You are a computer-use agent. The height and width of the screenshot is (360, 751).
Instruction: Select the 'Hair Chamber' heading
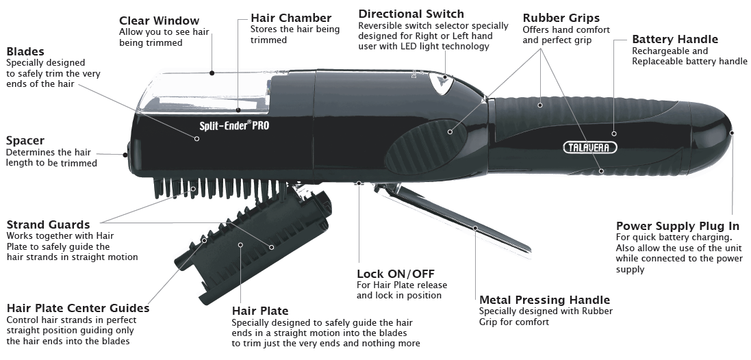click(x=291, y=18)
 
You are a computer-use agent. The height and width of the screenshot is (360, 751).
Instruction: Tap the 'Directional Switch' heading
click(x=411, y=14)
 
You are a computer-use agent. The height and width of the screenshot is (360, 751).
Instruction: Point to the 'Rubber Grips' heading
click(x=561, y=18)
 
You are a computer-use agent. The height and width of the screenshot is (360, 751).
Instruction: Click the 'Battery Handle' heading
click(x=675, y=39)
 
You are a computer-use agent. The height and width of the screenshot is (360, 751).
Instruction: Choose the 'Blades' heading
click(x=25, y=51)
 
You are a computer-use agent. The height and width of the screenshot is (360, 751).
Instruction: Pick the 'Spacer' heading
click(x=25, y=140)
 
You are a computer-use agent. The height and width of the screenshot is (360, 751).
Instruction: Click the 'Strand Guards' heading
click(x=48, y=224)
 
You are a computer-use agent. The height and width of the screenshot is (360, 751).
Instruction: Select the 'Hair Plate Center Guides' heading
click(x=77, y=308)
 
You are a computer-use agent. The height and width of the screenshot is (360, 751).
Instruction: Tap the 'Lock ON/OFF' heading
click(x=396, y=274)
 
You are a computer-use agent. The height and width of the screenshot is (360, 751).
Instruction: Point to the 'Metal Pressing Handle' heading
click(x=544, y=300)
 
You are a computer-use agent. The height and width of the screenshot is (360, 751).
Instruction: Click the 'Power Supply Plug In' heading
click(x=678, y=226)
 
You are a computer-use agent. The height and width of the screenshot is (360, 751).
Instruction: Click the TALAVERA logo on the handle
click(x=589, y=147)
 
